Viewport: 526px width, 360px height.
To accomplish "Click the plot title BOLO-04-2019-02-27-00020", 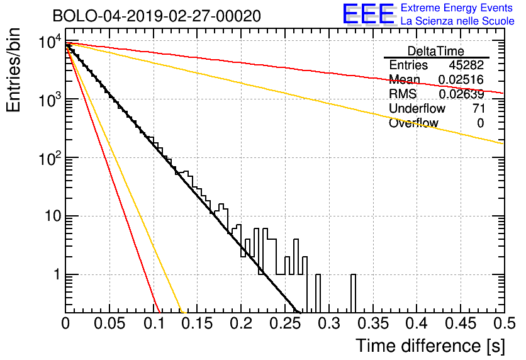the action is point(157,16).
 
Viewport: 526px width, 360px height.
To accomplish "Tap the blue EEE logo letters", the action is point(368,14).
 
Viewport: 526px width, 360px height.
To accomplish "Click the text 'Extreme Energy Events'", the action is point(457,8).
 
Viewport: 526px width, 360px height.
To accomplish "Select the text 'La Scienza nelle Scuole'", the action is point(457,21).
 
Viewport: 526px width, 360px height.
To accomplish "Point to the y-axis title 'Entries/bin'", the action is point(13,70).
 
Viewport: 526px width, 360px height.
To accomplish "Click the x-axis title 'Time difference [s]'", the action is point(430,346).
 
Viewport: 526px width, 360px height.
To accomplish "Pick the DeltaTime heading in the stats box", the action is point(436,51).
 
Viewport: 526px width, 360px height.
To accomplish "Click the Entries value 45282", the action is point(467,65).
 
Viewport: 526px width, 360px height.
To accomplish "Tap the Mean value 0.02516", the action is point(461,79).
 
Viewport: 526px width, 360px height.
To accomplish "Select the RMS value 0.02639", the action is point(462,94).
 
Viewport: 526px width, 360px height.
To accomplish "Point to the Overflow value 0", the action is point(481,123).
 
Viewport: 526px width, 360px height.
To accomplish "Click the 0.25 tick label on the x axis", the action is point(286,323).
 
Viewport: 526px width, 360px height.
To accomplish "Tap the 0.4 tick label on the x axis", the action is point(417,323).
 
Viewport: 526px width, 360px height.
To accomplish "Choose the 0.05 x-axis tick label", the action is point(109,323).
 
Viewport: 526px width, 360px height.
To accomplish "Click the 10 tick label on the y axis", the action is point(53,216).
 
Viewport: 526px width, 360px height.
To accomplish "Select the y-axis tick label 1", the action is point(57,274).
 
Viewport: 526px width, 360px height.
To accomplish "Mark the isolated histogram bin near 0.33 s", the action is point(353,293).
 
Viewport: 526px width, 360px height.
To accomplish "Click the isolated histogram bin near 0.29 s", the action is point(318,293).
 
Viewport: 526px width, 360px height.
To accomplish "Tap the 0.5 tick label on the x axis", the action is point(505,323).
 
